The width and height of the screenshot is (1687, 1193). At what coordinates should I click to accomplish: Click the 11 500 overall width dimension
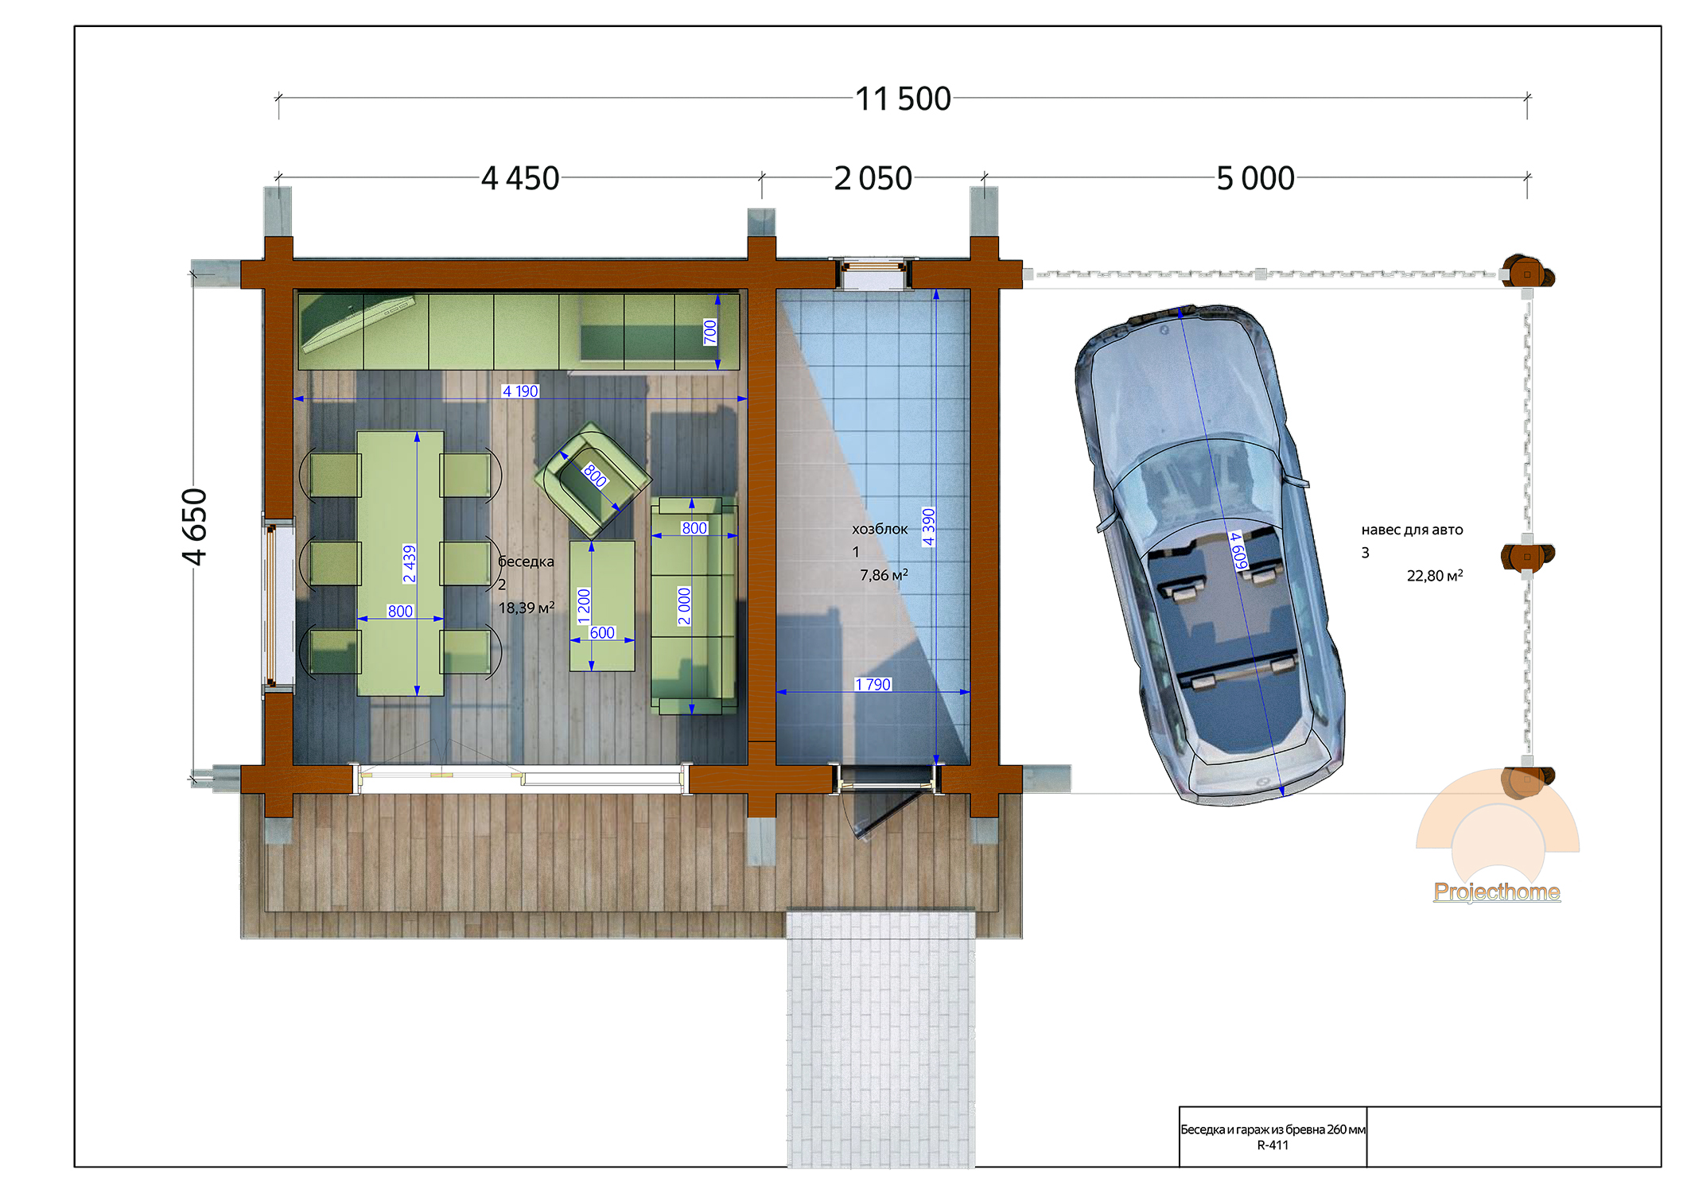(x=903, y=99)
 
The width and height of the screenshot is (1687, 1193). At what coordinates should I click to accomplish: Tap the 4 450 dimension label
(x=520, y=179)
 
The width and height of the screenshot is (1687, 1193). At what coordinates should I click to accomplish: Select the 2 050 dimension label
(x=873, y=179)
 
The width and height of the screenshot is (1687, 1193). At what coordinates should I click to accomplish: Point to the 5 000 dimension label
(x=1255, y=179)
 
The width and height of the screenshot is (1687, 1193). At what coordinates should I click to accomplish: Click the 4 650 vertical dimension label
(x=195, y=527)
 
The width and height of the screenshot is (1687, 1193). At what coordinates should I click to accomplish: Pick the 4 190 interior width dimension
(x=520, y=391)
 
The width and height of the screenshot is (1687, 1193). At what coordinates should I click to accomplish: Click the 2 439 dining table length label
(x=409, y=563)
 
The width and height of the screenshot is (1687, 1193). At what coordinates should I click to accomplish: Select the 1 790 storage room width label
(x=873, y=685)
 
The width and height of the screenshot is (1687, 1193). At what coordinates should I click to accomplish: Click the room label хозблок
(x=880, y=529)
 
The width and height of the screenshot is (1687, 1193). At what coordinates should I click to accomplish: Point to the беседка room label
(x=526, y=562)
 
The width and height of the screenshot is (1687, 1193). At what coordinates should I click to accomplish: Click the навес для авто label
(x=1412, y=530)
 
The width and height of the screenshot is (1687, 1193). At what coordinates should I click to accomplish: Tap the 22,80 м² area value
(x=1435, y=575)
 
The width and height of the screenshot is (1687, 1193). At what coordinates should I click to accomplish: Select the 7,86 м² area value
(x=884, y=574)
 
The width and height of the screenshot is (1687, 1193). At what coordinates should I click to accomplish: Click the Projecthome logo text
(x=1497, y=892)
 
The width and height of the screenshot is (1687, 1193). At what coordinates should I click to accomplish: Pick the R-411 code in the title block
(x=1273, y=1145)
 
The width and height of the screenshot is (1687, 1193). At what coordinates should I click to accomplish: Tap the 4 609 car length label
(x=1238, y=550)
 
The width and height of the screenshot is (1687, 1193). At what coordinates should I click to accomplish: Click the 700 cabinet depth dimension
(x=710, y=332)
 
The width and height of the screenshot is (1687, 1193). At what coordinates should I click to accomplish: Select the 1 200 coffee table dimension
(x=584, y=606)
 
